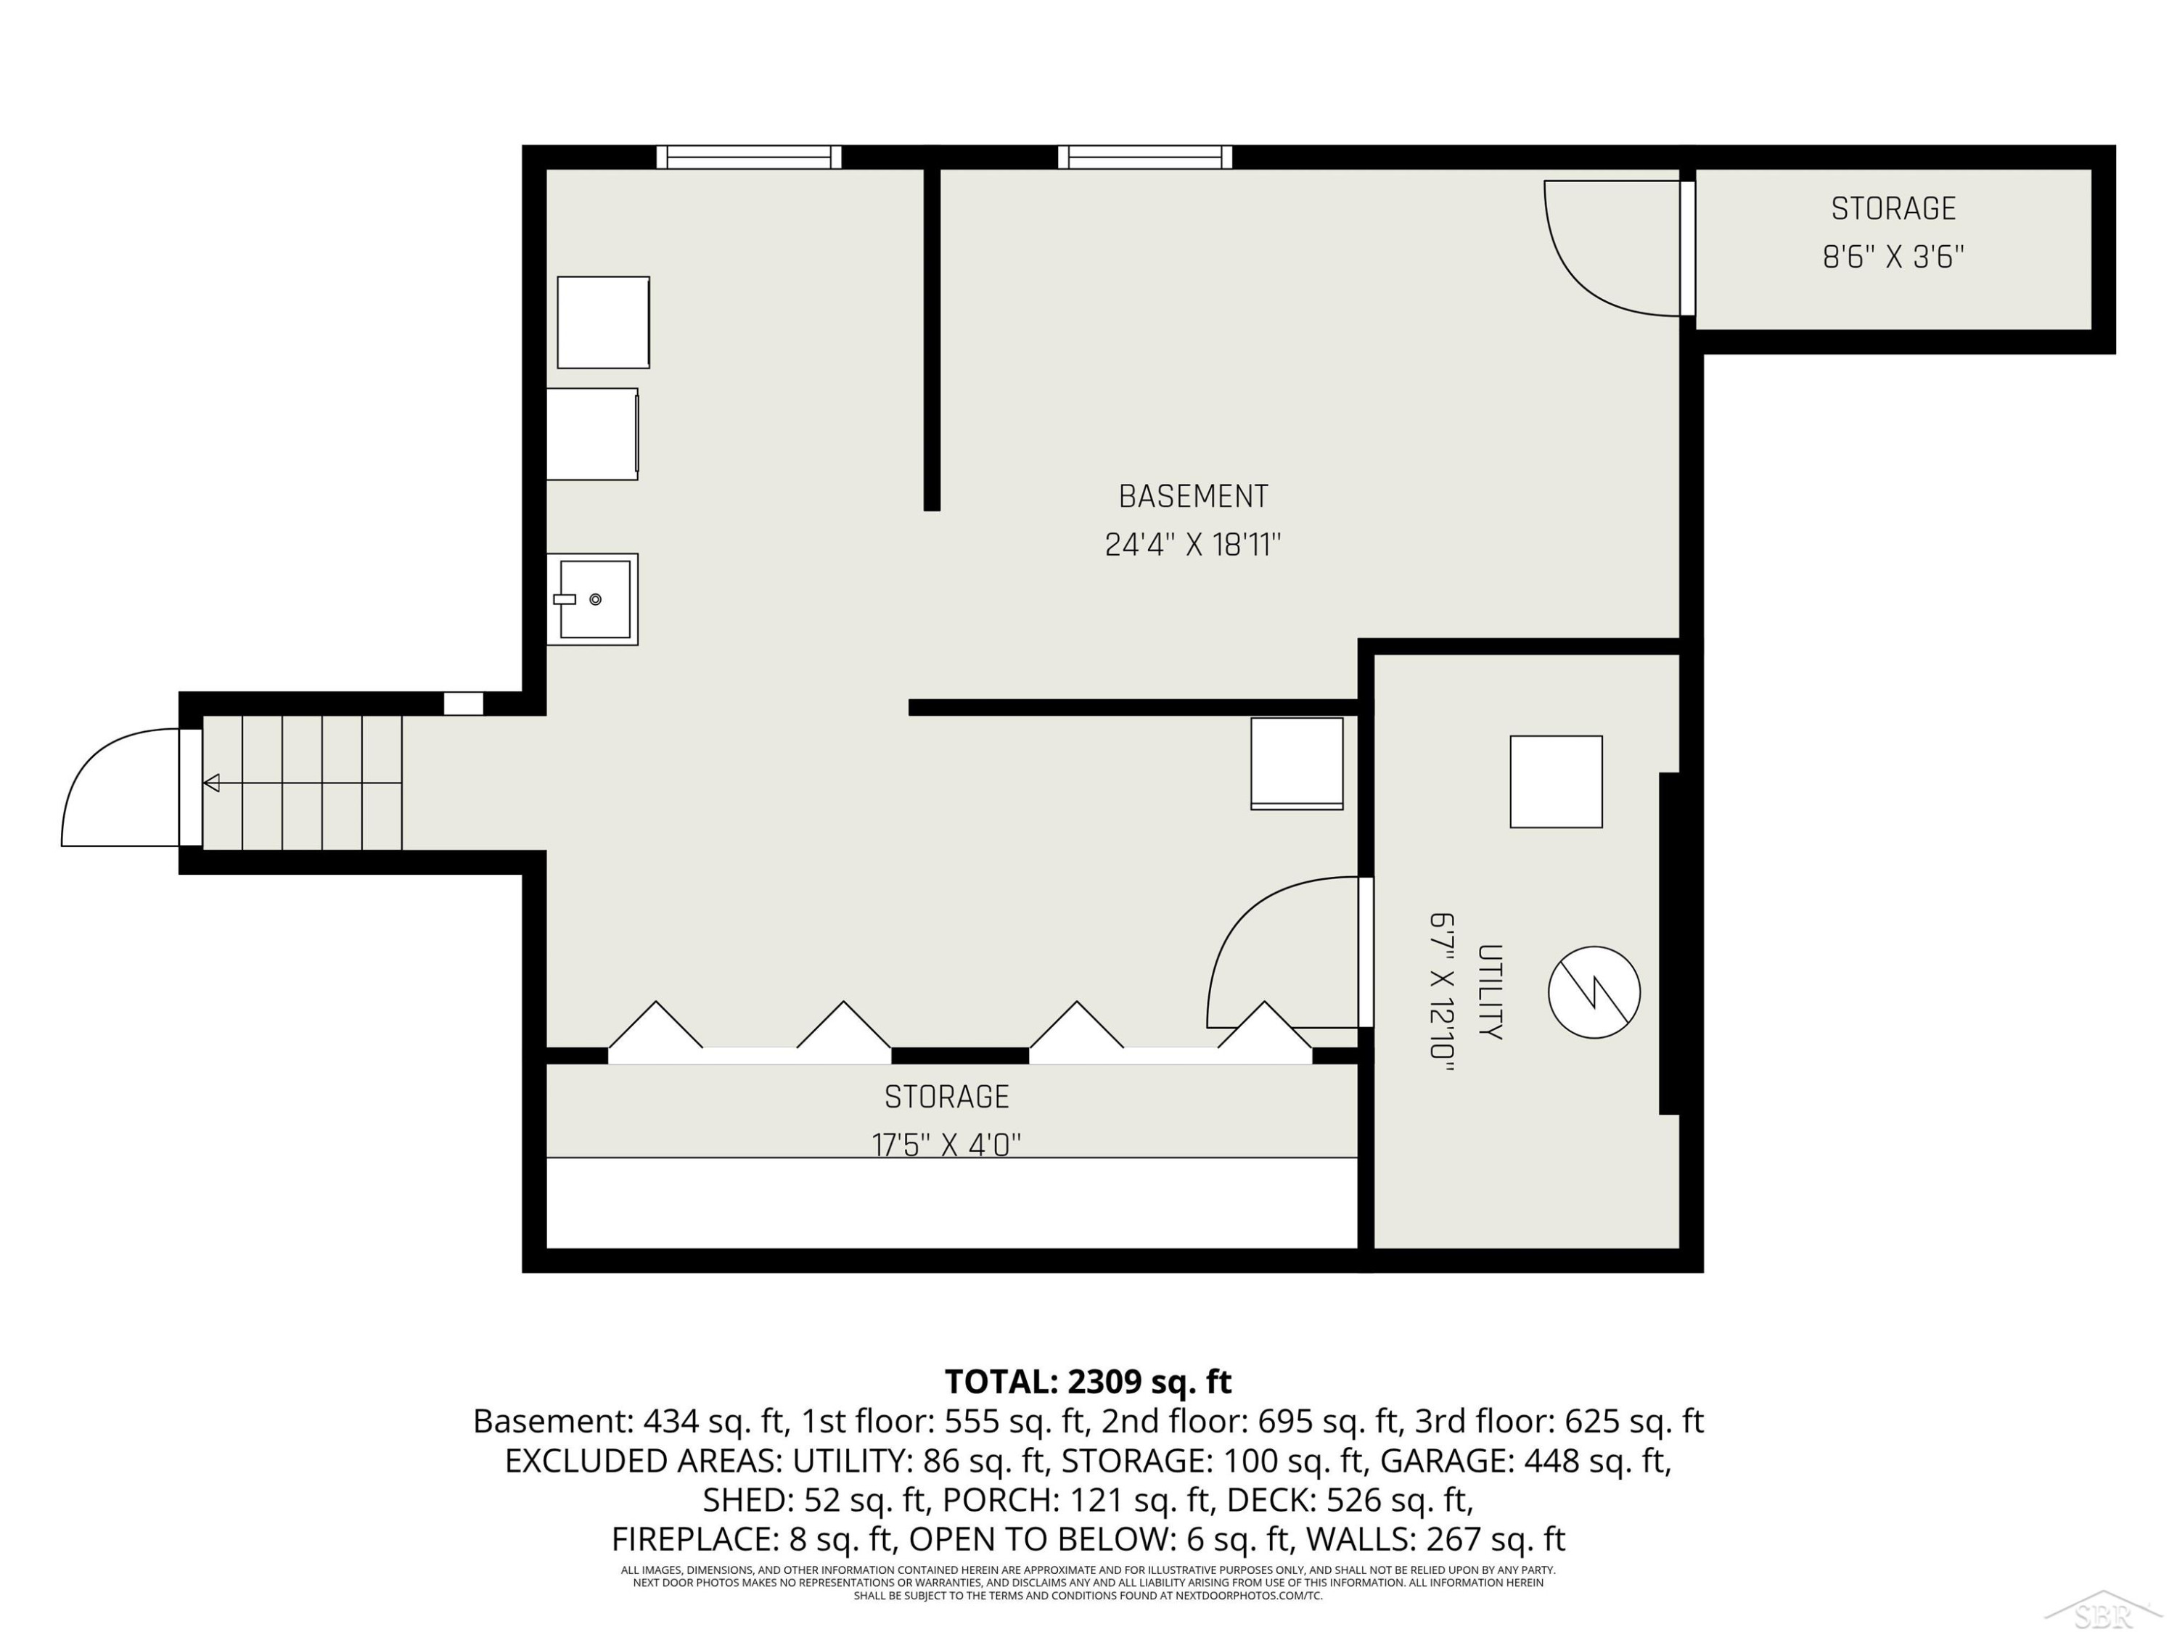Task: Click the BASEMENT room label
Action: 1193,497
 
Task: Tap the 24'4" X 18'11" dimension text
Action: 1193,544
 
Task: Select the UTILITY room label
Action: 1489,992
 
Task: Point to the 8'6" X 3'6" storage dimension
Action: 1893,257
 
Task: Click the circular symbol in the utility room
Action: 1594,992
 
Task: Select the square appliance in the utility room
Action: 1556,781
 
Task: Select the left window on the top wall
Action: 749,157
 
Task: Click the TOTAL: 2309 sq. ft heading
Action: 1088,1381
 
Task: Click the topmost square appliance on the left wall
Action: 603,323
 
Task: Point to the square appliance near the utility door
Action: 1297,763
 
